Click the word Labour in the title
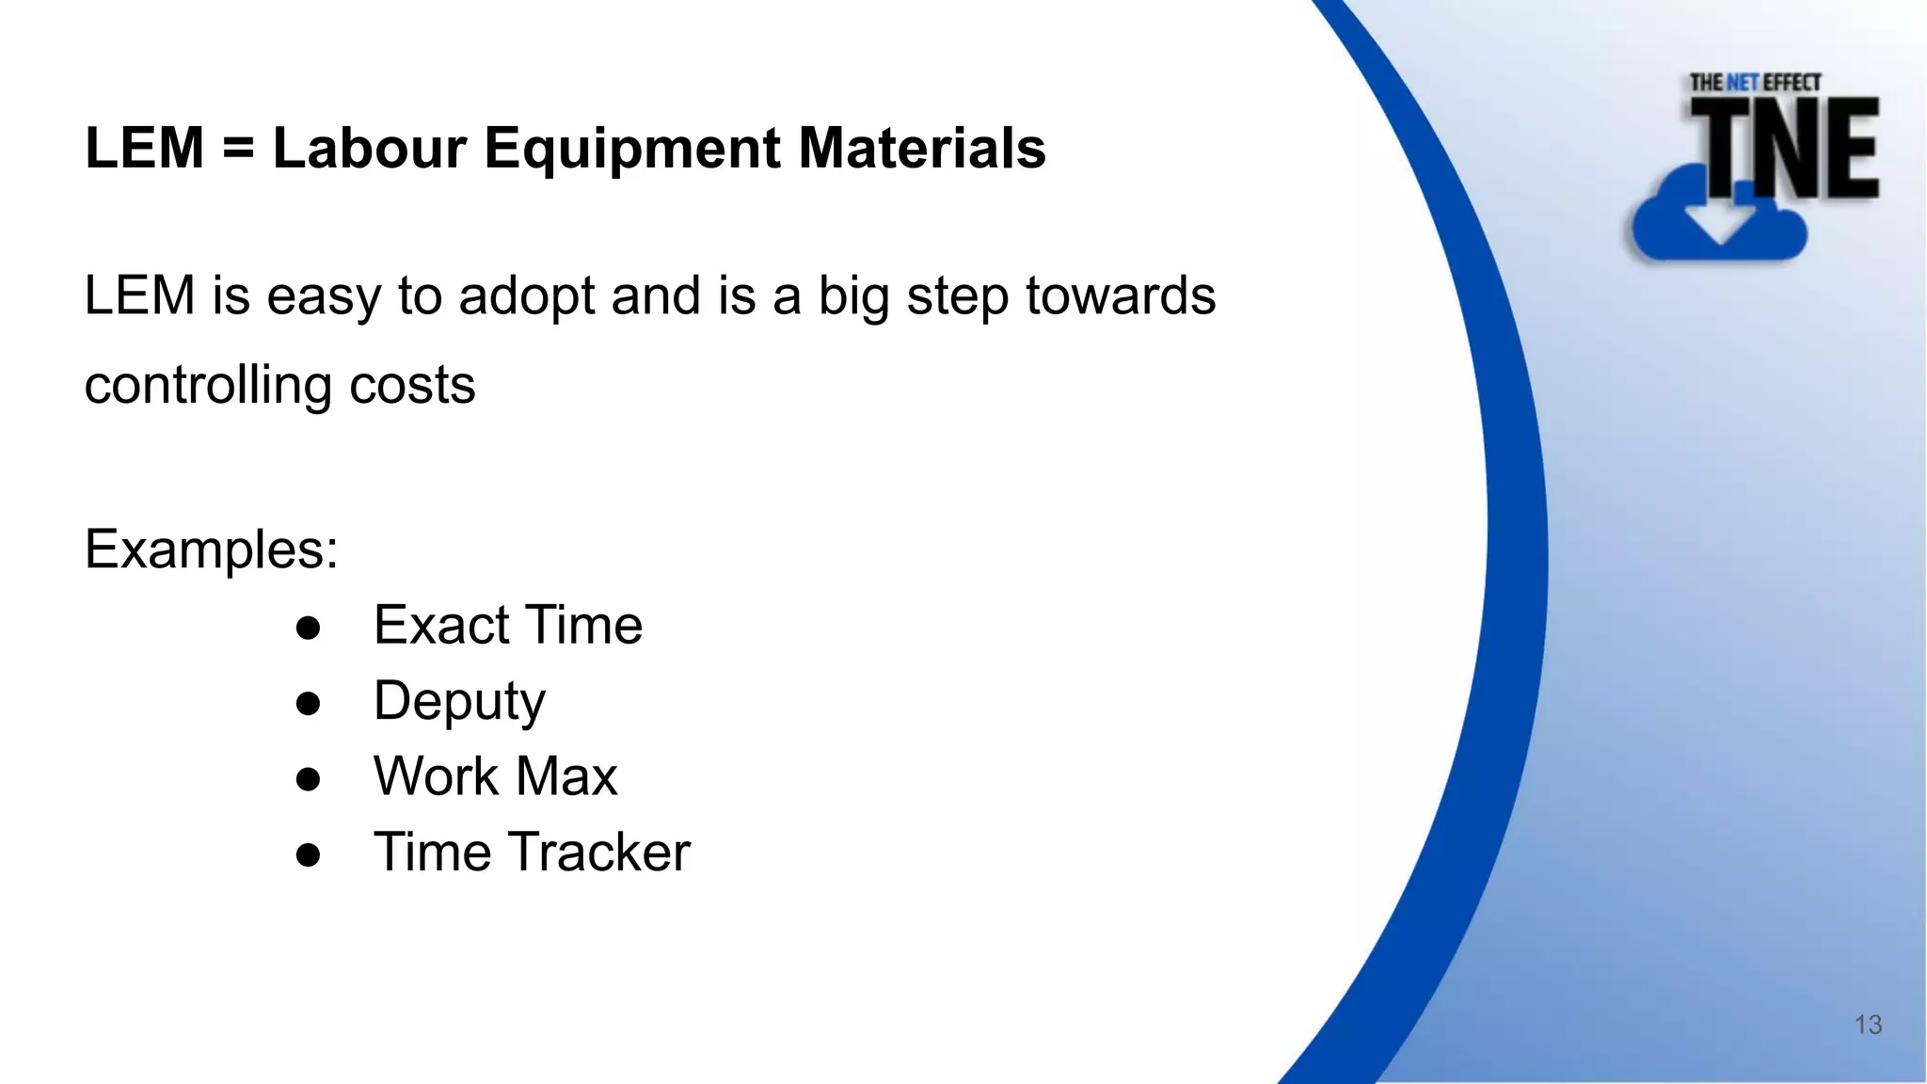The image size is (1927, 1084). [369, 149]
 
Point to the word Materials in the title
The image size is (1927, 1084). [921, 149]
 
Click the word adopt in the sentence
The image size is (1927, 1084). [527, 297]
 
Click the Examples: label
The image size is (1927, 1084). [211, 550]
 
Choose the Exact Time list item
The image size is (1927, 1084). [507, 626]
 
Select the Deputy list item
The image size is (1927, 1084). [459, 702]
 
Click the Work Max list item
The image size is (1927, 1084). [495, 777]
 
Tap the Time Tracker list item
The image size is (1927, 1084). [532, 853]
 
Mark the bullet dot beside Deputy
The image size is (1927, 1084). [308, 704]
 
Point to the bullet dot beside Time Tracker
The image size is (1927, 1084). [308, 855]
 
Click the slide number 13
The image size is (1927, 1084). [1867, 1025]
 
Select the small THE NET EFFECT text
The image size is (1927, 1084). [1755, 83]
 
